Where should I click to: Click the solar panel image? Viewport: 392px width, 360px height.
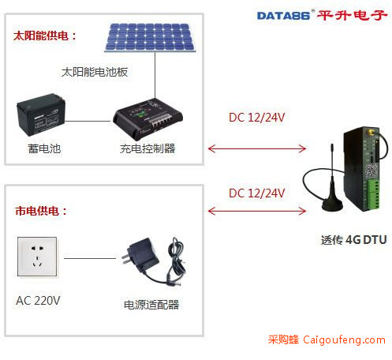(150, 38)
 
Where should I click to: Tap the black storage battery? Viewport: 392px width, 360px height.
(41, 114)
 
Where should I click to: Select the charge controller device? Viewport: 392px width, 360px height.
(147, 119)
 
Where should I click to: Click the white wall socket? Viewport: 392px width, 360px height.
(37, 257)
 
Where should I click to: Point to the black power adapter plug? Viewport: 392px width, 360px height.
(140, 255)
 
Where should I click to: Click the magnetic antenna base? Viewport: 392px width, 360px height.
(332, 204)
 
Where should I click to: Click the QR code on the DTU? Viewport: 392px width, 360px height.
(371, 171)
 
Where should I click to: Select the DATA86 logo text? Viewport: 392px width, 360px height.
(283, 16)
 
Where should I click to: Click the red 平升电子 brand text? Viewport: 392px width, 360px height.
(352, 15)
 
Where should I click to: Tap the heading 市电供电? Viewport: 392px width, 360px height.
(41, 211)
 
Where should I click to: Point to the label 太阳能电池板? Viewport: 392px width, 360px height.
(95, 72)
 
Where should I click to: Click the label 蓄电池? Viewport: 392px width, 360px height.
(44, 148)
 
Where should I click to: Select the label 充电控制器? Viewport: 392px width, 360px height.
(147, 148)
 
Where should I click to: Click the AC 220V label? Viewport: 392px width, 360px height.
(38, 301)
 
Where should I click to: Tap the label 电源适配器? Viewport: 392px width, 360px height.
(151, 305)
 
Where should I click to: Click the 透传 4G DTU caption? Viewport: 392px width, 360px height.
(353, 240)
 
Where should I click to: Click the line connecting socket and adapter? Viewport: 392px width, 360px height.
(90, 258)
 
